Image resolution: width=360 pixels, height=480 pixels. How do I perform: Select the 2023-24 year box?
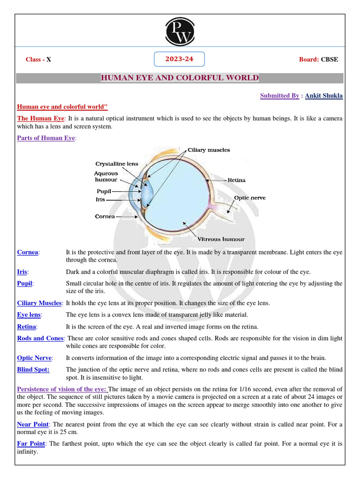click(x=180, y=59)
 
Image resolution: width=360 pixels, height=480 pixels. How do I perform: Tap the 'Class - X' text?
click(x=38, y=60)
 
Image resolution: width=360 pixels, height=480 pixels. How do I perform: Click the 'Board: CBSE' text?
click(x=318, y=60)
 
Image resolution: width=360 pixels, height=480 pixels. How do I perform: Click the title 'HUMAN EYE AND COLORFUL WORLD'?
click(x=180, y=78)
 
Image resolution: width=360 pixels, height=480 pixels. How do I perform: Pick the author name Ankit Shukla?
click(x=324, y=96)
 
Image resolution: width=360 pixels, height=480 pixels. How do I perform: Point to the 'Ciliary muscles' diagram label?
click(x=209, y=150)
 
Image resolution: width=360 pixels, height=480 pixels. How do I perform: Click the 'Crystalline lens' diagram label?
click(x=117, y=164)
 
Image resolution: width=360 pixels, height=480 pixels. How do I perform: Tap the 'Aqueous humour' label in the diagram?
click(x=106, y=177)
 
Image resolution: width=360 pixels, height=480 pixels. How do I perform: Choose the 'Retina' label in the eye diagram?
click(x=237, y=180)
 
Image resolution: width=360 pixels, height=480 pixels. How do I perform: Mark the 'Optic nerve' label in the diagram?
click(x=250, y=198)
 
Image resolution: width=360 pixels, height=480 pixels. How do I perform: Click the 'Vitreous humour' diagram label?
click(x=221, y=239)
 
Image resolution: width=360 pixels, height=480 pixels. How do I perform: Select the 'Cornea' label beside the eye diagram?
click(x=105, y=217)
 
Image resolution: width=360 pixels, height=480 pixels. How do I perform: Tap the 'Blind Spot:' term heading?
click(x=33, y=369)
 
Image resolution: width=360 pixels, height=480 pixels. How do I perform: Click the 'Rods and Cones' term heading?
click(x=40, y=338)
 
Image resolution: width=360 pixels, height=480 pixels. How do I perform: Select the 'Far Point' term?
click(x=31, y=443)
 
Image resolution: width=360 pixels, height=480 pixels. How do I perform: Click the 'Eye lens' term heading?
click(x=29, y=315)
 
